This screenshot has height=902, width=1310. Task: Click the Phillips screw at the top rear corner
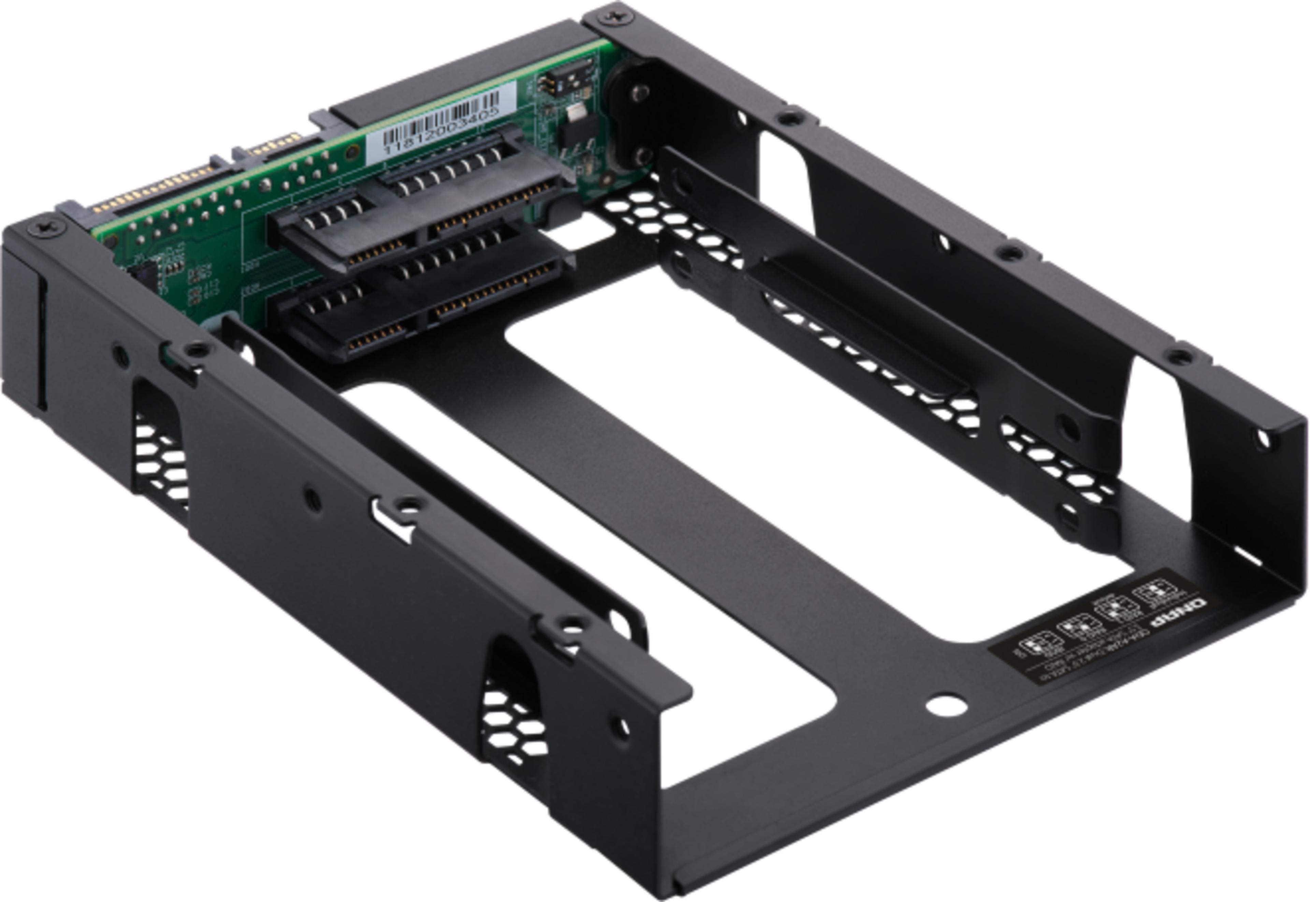coord(615,17)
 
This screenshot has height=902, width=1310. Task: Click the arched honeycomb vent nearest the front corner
coord(512,712)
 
